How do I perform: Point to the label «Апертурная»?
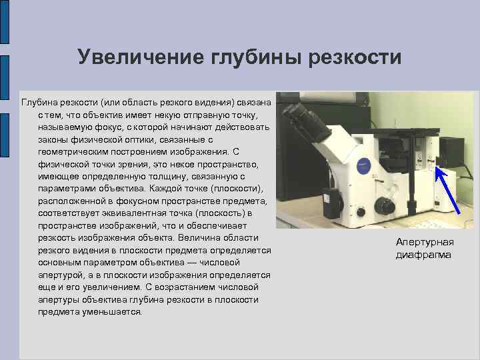[x=424, y=243]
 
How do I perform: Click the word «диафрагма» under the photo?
[x=423, y=255]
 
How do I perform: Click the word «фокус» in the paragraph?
[x=107, y=127]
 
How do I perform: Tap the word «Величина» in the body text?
[x=191, y=238]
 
